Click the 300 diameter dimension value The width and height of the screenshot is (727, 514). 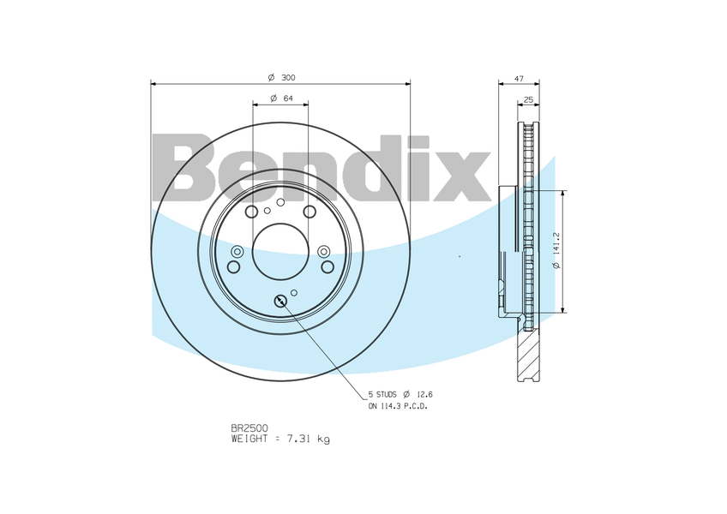click(288, 77)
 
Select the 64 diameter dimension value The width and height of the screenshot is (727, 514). click(288, 99)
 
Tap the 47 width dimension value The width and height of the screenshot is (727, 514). click(520, 79)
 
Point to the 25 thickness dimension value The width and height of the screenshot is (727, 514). click(528, 99)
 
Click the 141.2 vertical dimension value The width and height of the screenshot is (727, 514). click(557, 243)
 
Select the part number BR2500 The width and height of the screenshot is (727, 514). click(249, 428)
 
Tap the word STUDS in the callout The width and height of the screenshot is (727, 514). click(386, 394)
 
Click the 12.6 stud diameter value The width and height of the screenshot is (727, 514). click(424, 394)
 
